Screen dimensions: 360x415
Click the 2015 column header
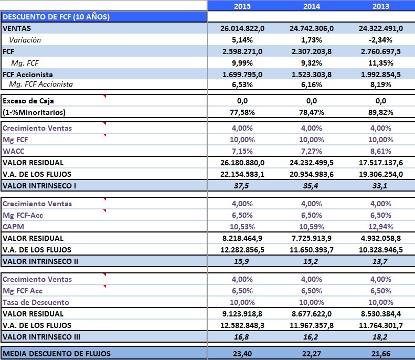(242, 6)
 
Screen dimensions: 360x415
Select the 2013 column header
(381, 6)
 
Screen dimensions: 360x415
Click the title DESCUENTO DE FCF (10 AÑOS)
(56, 17)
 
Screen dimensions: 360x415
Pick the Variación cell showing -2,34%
(381, 40)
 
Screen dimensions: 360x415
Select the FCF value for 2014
(311, 51)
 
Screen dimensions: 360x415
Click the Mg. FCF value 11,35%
(381, 63)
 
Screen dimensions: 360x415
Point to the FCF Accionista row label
(28, 75)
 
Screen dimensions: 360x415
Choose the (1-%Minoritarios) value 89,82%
(381, 112)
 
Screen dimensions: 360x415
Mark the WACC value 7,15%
(242, 151)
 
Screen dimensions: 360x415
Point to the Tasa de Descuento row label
(36, 302)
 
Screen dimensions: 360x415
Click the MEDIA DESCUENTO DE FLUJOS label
(57, 354)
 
